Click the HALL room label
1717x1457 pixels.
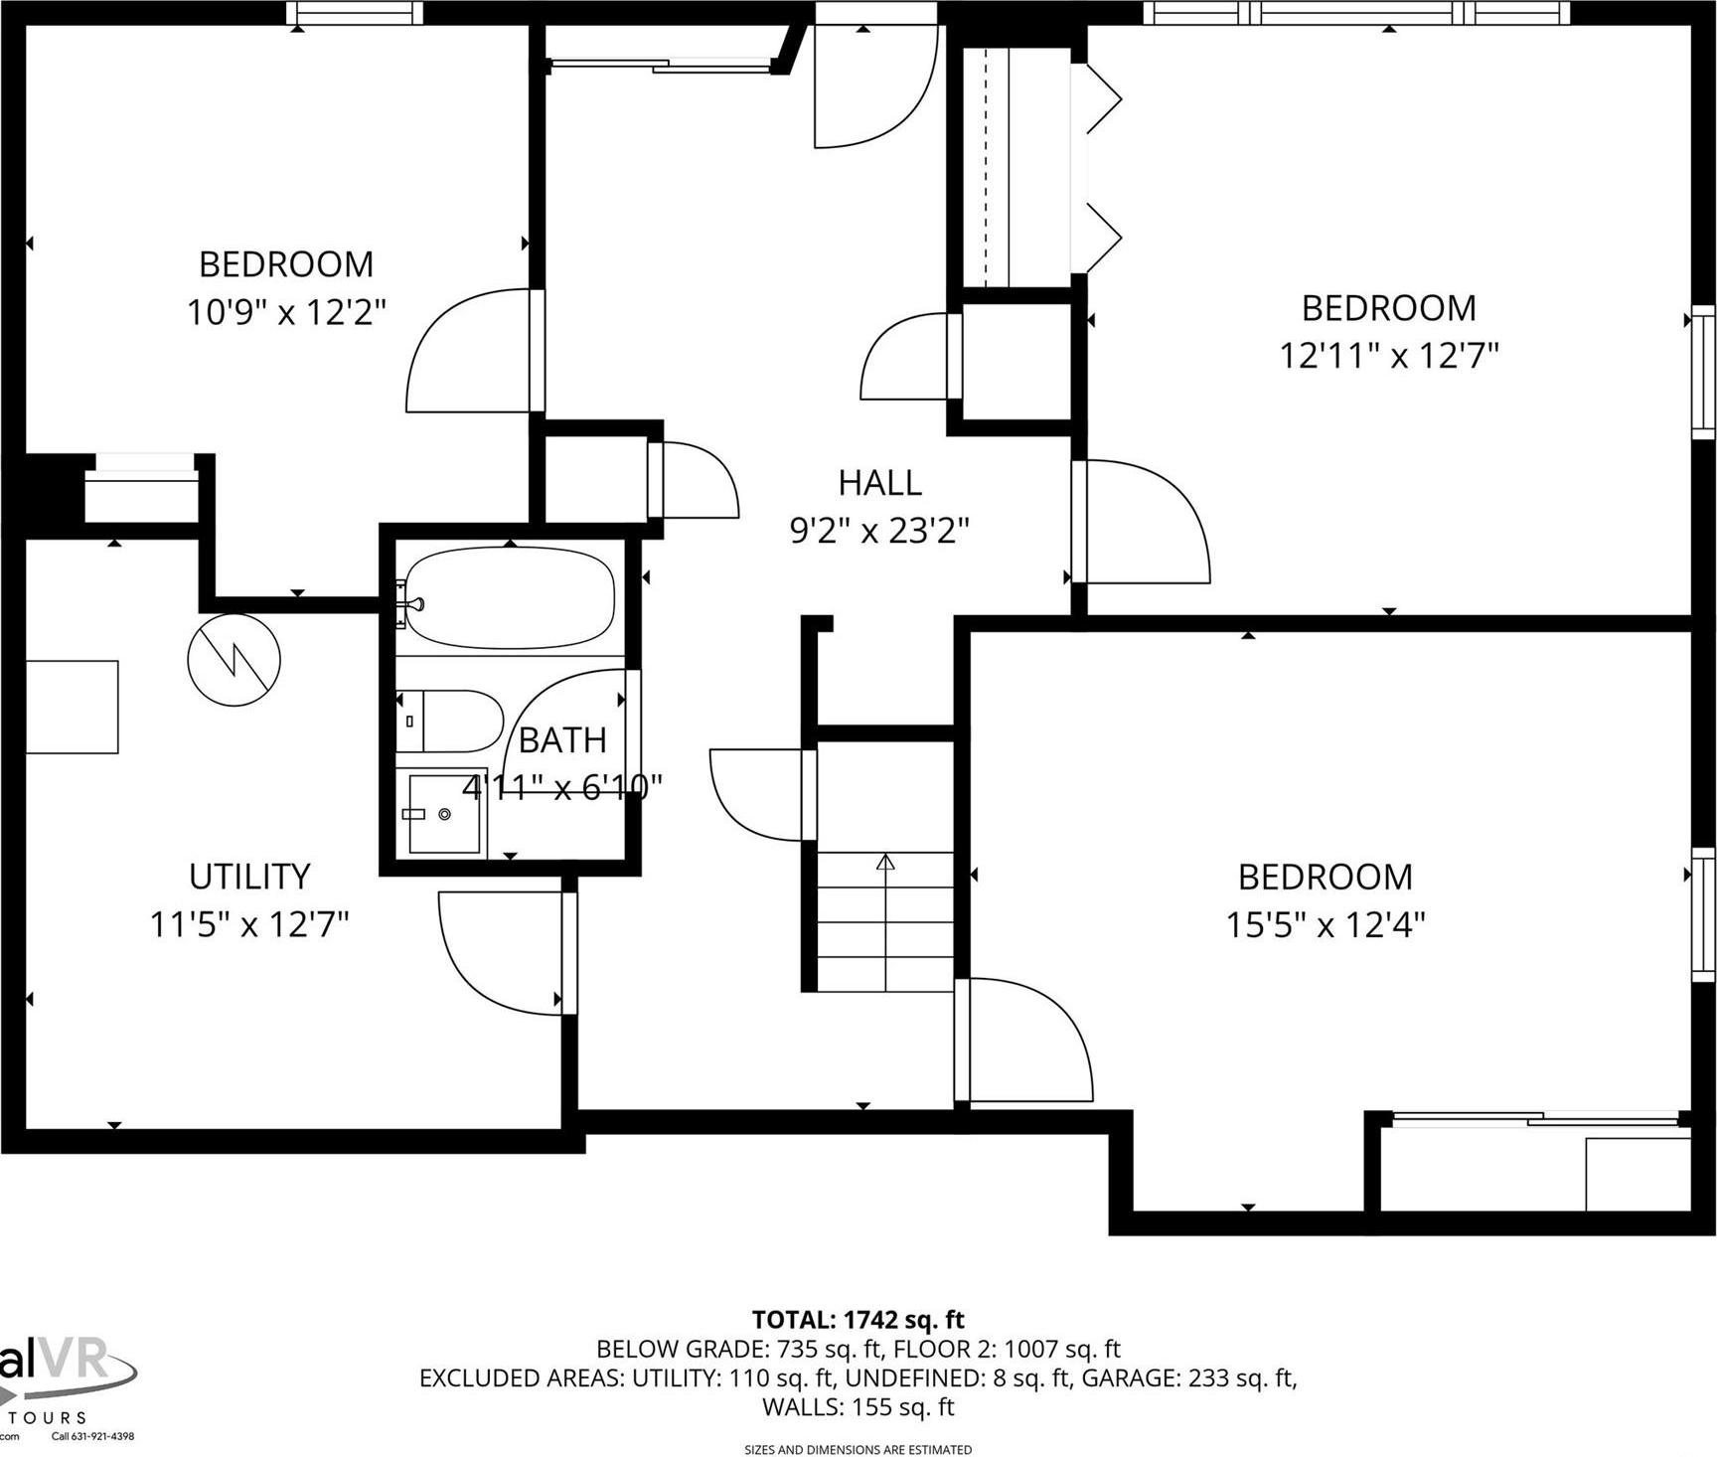[x=879, y=483]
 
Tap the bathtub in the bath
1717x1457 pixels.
[x=510, y=597]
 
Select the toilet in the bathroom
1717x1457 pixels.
[x=452, y=721]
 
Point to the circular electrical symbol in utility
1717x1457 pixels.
[x=234, y=660]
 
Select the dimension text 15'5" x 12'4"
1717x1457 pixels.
[x=1325, y=925]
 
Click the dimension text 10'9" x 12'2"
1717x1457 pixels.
[x=286, y=313]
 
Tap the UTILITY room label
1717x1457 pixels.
[x=249, y=877]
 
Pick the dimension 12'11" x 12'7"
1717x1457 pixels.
[x=1388, y=355]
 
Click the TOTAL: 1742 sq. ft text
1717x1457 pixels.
[x=858, y=1320]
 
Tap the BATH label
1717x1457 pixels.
[x=562, y=740]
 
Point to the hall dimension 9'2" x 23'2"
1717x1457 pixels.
[x=879, y=532]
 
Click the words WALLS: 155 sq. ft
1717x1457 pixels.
[x=858, y=1407]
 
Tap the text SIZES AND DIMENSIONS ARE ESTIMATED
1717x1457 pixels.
[x=858, y=1450]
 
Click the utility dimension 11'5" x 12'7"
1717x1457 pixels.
[x=249, y=925]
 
